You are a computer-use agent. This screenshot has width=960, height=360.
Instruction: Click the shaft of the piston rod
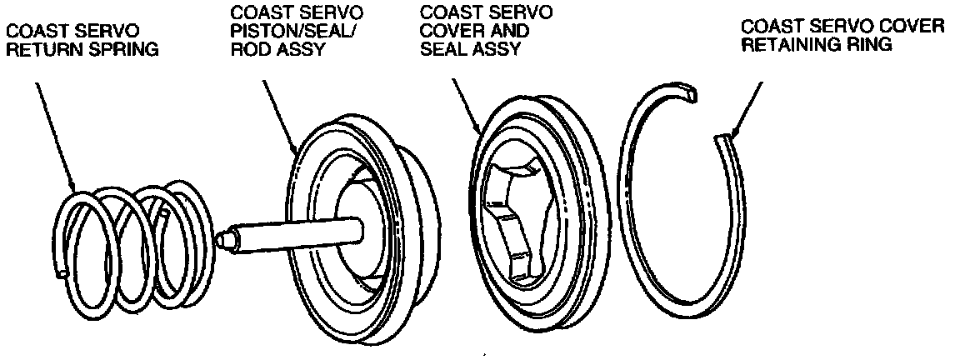(292, 228)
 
